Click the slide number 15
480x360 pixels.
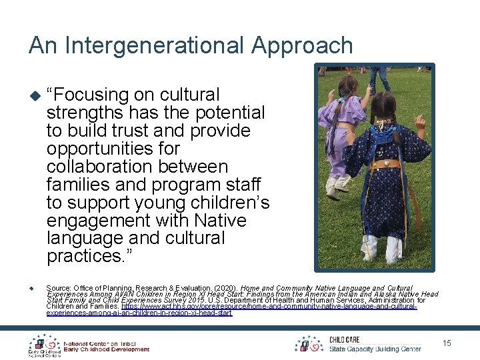[x=447, y=343]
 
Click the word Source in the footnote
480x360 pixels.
[x=59, y=270]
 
